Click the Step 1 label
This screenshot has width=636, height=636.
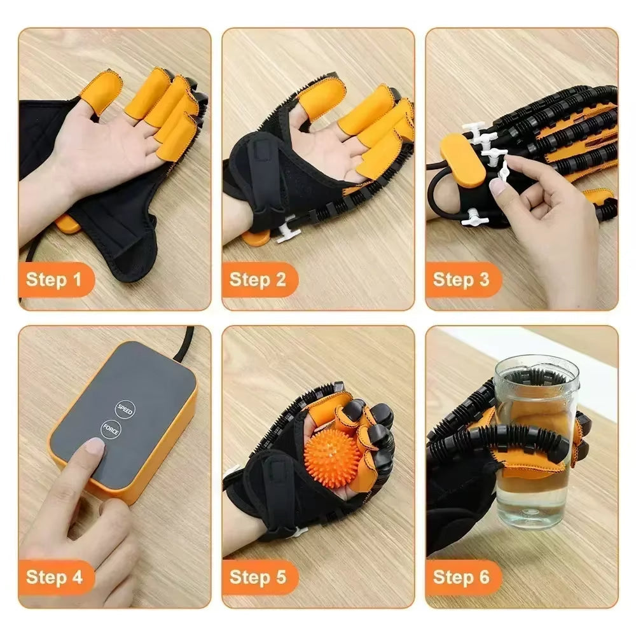(55, 279)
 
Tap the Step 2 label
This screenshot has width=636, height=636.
(258, 279)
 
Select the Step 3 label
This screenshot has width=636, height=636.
(461, 279)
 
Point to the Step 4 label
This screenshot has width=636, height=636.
(55, 577)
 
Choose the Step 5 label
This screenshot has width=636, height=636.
(258, 577)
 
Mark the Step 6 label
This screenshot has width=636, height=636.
(461, 577)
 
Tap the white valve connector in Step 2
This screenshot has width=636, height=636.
(288, 229)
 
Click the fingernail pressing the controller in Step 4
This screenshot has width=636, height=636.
(95, 446)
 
